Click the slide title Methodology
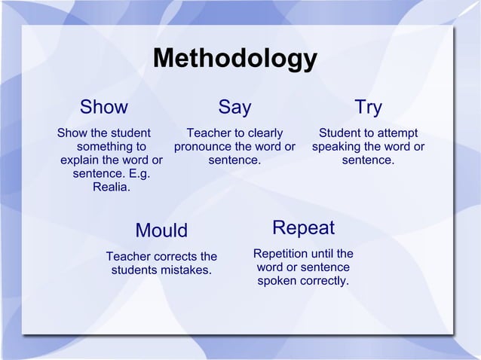(234, 59)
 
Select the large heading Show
(104, 108)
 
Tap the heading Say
(234, 108)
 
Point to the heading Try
(368, 108)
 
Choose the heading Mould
(161, 230)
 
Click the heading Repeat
(303, 228)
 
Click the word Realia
(110, 188)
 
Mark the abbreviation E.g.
(138, 174)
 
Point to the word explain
(83, 160)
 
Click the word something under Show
(112, 147)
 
